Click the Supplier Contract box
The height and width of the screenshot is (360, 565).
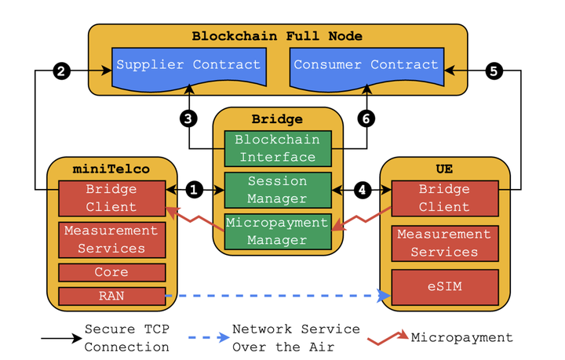click(188, 66)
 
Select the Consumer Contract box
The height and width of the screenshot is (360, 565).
click(366, 66)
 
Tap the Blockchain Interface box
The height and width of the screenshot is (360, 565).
click(278, 148)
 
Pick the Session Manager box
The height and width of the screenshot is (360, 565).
click(278, 190)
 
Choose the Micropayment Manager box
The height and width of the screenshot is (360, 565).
click(278, 231)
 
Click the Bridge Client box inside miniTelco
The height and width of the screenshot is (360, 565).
click(112, 198)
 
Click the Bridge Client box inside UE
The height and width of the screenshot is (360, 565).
click(445, 198)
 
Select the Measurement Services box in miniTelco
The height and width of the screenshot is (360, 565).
click(112, 240)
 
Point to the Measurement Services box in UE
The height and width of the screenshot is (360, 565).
click(445, 243)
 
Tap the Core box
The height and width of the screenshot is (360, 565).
click(112, 272)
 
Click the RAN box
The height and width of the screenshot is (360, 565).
click(112, 296)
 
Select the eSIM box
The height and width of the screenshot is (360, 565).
click(445, 287)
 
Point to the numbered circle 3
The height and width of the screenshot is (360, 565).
click(188, 118)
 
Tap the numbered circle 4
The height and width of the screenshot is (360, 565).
click(363, 190)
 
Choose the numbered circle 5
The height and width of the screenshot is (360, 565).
click(494, 71)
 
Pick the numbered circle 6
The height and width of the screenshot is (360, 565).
click(366, 118)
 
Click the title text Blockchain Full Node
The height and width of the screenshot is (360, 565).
click(278, 36)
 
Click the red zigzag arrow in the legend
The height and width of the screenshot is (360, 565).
click(388, 337)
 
